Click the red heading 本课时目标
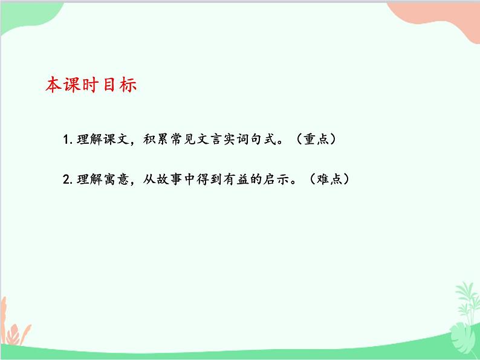(91, 85)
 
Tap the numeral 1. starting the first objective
(67, 140)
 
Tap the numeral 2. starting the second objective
(67, 179)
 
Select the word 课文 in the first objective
(112, 140)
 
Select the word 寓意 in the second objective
(112, 179)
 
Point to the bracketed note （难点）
(328, 179)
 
